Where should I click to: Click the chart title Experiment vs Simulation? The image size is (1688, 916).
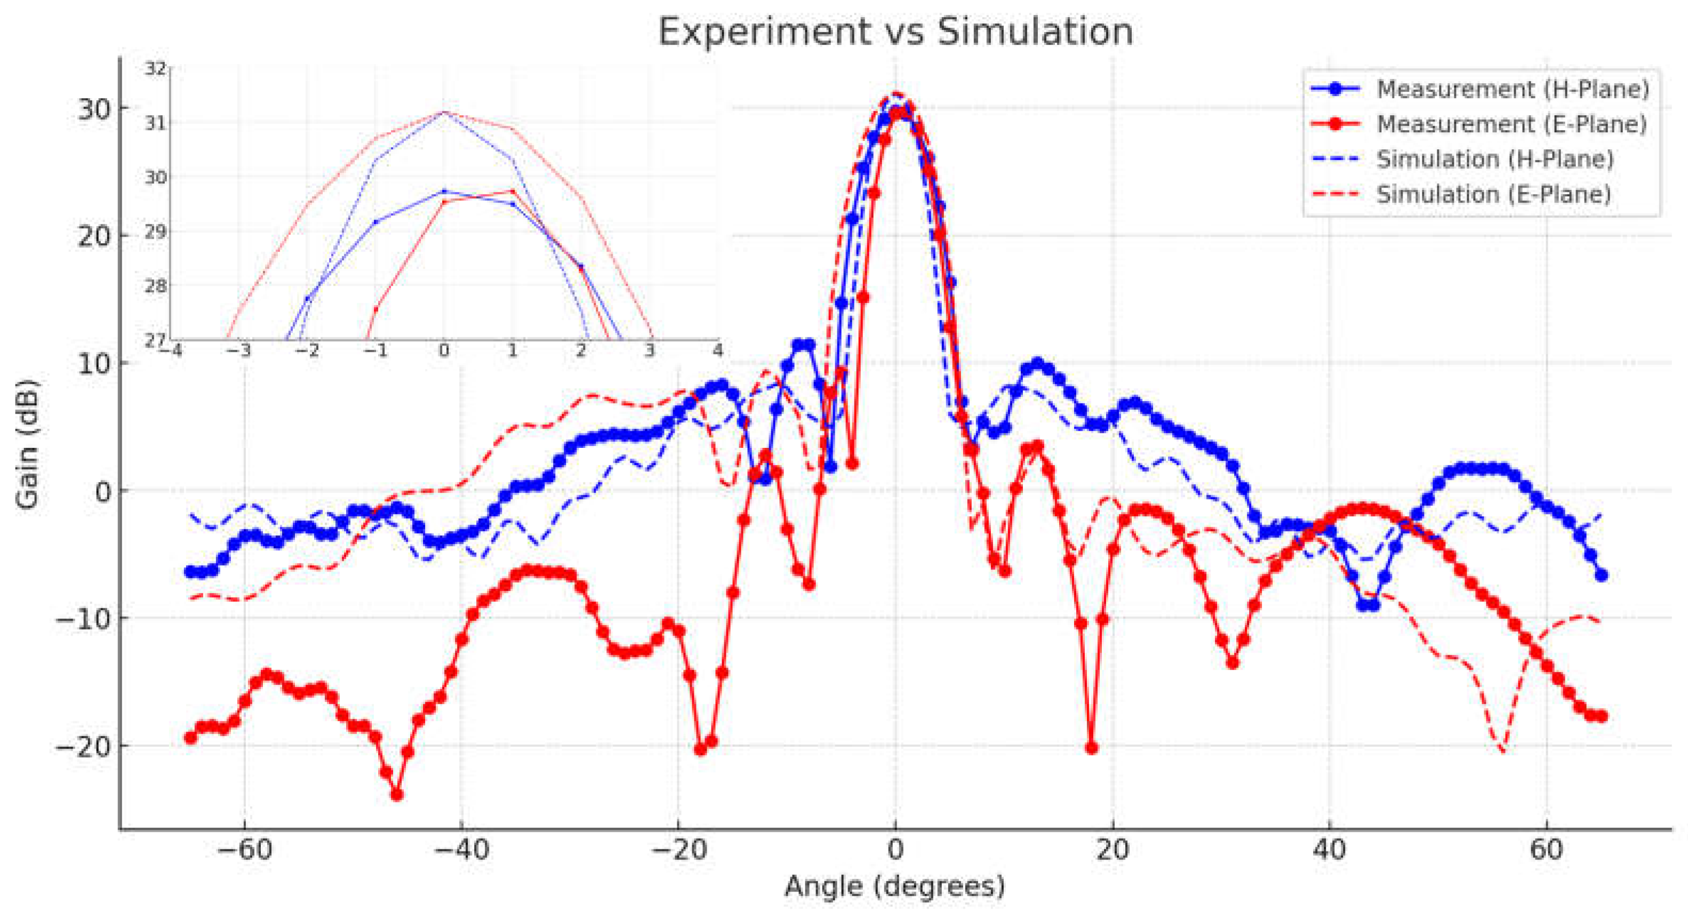tap(895, 31)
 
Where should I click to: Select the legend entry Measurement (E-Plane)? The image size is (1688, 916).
tap(1511, 124)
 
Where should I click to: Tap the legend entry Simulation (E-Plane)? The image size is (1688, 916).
tap(1493, 195)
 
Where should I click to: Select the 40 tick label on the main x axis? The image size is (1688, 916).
tap(1330, 850)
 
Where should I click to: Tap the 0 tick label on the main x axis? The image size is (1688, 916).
tap(895, 850)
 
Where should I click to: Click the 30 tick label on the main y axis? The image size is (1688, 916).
tap(94, 109)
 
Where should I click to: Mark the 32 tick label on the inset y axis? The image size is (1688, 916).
tap(155, 68)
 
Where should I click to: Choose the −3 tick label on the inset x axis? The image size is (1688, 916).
tap(238, 351)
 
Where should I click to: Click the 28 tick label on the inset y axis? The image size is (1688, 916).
tap(155, 286)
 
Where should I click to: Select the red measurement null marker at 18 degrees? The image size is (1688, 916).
tap(1091, 748)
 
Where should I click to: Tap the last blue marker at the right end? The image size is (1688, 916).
tap(1602, 575)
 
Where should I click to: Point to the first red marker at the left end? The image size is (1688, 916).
tap(190, 738)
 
